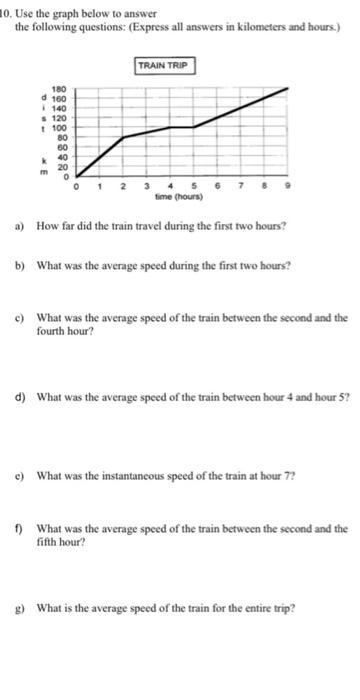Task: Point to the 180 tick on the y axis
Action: [x=60, y=89]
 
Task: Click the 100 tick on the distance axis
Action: [x=60, y=128]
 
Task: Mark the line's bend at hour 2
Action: [x=122, y=137]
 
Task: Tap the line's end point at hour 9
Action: [x=291, y=88]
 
